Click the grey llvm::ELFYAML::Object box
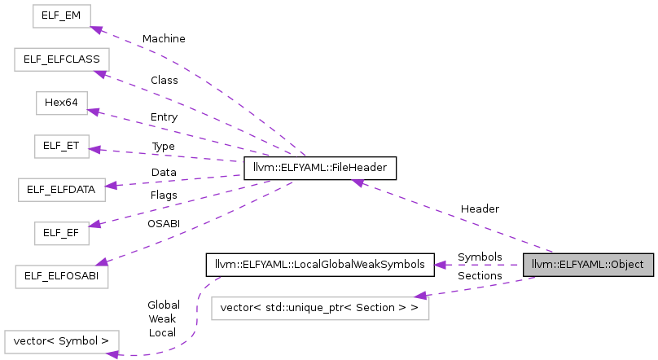[588, 265]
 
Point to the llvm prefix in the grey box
[541, 265]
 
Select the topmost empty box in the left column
[62, 16]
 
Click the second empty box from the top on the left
[62, 59]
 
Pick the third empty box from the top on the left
[62, 103]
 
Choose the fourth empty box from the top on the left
[62, 147]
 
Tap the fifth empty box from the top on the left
[62, 190]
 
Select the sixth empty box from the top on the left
[62, 234]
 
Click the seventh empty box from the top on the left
[62, 277]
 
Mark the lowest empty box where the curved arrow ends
[62, 342]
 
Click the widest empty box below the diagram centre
[320, 309]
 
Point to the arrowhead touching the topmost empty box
[96, 30]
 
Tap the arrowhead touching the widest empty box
[420, 296]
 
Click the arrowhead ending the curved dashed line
[112, 353]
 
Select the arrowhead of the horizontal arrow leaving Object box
[440, 265]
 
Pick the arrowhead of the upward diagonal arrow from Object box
[358, 183]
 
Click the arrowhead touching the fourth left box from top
[94, 149]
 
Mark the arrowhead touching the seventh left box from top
[101, 261]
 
